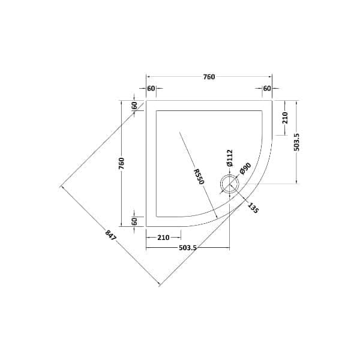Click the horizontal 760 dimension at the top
coord(209,77)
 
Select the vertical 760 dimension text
coord(121,163)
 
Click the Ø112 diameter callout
coord(229,158)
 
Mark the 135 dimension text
coord(253,208)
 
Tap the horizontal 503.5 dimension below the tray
coord(188,247)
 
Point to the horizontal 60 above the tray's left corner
coord(151,89)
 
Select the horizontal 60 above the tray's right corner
coord(267,89)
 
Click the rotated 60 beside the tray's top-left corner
coord(136,105)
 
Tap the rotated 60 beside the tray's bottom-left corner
coord(136,221)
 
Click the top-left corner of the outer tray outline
coord(147,100)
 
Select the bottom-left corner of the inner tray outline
coord(156,217)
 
